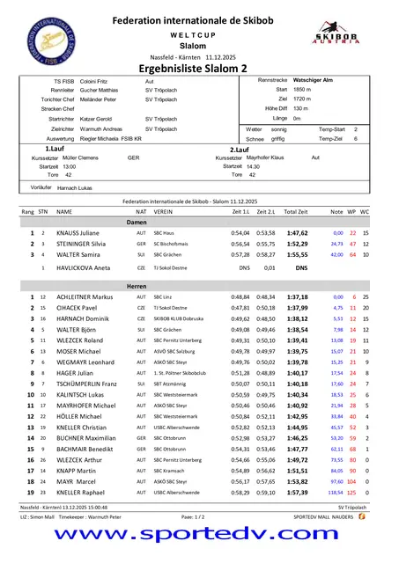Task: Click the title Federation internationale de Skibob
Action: coord(199,17)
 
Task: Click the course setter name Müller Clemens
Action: coord(82,157)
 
